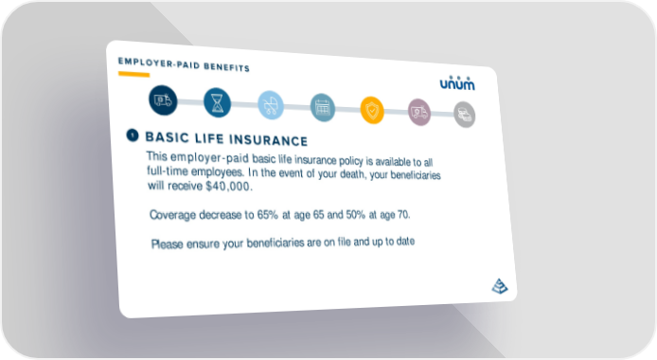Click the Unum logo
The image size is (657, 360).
coord(457,83)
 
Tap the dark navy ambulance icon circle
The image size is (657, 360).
coord(163,100)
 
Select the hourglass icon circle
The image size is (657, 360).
coord(217,102)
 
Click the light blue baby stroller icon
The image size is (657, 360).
coord(271,105)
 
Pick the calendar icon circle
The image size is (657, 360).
coord(323,108)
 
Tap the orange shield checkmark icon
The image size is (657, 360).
coord(372,110)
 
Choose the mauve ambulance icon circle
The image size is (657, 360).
coord(419,113)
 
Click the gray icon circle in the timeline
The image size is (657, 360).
coord(465,115)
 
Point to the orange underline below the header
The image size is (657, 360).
coord(134,75)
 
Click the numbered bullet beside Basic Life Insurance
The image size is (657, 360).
coord(133,135)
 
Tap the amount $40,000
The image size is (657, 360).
coord(229,186)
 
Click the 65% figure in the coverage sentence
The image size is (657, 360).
coord(267,214)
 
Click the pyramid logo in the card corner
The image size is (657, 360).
coord(500,286)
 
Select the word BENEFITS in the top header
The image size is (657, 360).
coord(226,67)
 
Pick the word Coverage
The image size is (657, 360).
coord(172,215)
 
